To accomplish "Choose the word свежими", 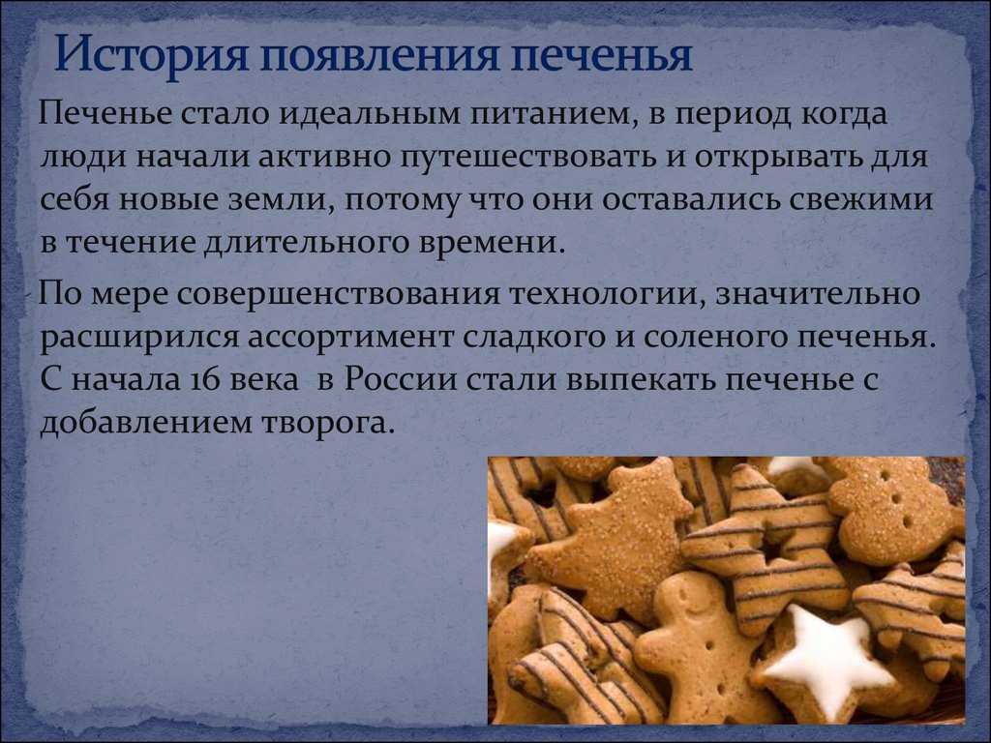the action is click(x=862, y=199).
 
